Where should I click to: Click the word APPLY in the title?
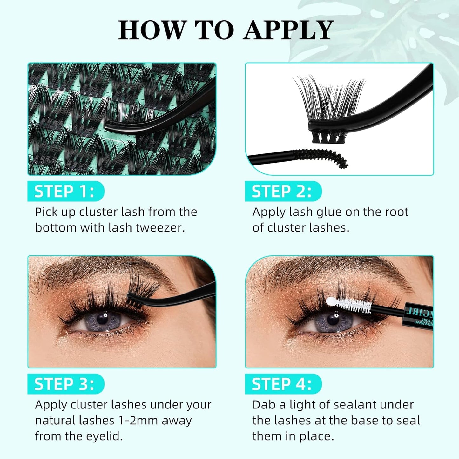288,30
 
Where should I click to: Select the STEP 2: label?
282,192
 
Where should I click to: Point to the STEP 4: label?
282,384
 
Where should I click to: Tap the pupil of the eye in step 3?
102,319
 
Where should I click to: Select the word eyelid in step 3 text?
105,436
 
